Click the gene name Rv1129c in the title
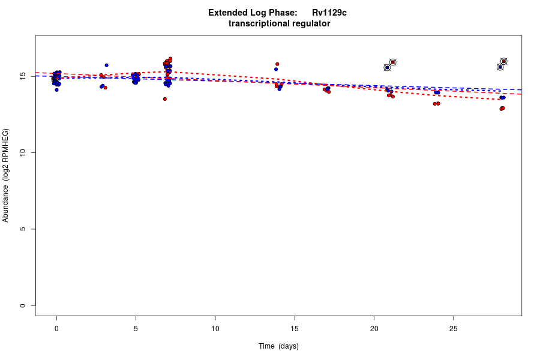pyautogui.click(x=329, y=13)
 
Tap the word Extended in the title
pyautogui.click(x=227, y=13)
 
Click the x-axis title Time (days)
pyautogui.click(x=278, y=346)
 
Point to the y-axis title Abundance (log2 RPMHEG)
pyautogui.click(x=6, y=175)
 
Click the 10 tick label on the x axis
pyautogui.click(x=215, y=328)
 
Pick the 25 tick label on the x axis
pyautogui.click(x=453, y=328)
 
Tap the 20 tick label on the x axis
pyautogui.click(x=374, y=328)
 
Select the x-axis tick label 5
pyautogui.click(x=136, y=328)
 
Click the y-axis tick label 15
pyautogui.click(x=22, y=76)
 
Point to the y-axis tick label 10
pyautogui.click(x=22, y=153)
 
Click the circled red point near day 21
pyautogui.click(x=393, y=62)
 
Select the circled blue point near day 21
pyautogui.click(x=387, y=67)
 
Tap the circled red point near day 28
pyautogui.click(x=504, y=61)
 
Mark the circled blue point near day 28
pyautogui.click(x=500, y=67)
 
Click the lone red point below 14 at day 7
pyautogui.click(x=164, y=99)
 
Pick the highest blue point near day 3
pyautogui.click(x=106, y=65)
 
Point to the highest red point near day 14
pyautogui.click(x=277, y=64)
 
